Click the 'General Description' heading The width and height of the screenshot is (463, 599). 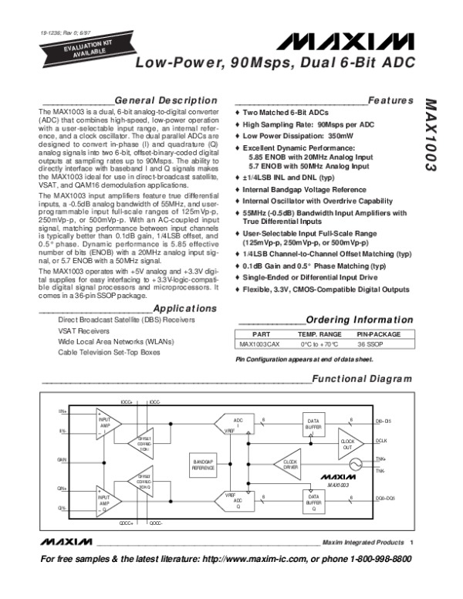click(x=165, y=100)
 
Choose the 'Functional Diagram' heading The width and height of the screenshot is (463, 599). click(x=358, y=379)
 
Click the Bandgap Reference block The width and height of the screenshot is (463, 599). click(x=203, y=465)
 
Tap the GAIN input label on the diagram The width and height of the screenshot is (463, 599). click(x=62, y=459)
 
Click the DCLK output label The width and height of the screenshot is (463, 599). click(x=380, y=440)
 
